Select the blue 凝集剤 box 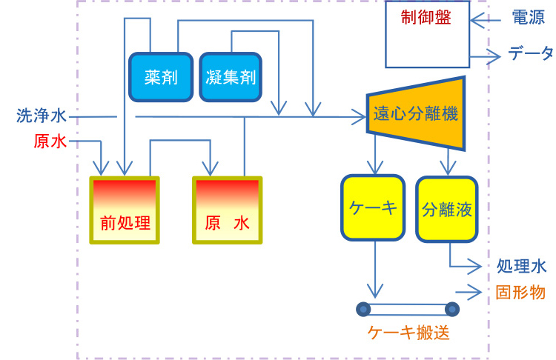[x=231, y=76]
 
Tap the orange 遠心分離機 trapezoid [x=415, y=115]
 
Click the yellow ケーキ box [x=373, y=208]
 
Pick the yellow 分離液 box [x=446, y=209]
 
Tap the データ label [x=529, y=53]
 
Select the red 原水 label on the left [x=50, y=141]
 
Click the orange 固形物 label [x=521, y=292]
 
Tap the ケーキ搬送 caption [x=408, y=333]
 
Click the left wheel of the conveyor [x=363, y=309]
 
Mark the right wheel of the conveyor [x=451, y=309]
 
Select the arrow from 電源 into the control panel [x=489, y=17]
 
